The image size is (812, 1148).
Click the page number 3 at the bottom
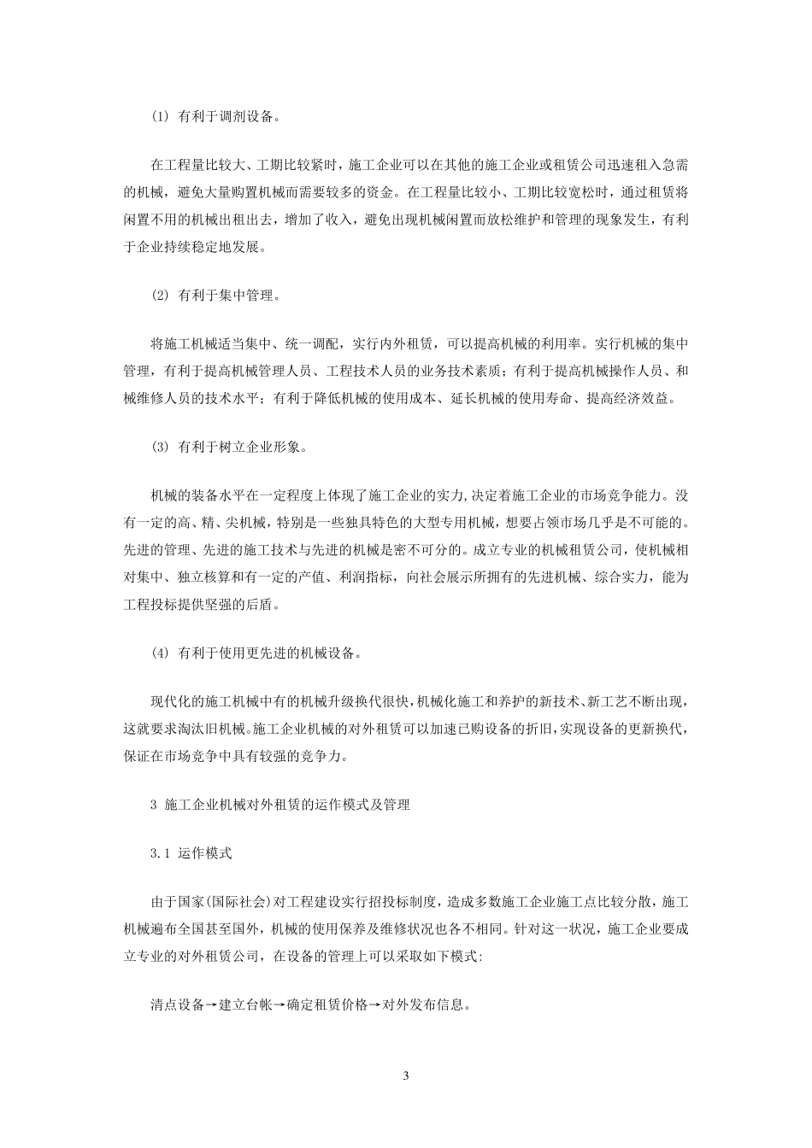point(407,1075)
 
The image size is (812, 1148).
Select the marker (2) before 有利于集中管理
point(160,296)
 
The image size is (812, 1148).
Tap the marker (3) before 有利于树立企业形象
point(160,447)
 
